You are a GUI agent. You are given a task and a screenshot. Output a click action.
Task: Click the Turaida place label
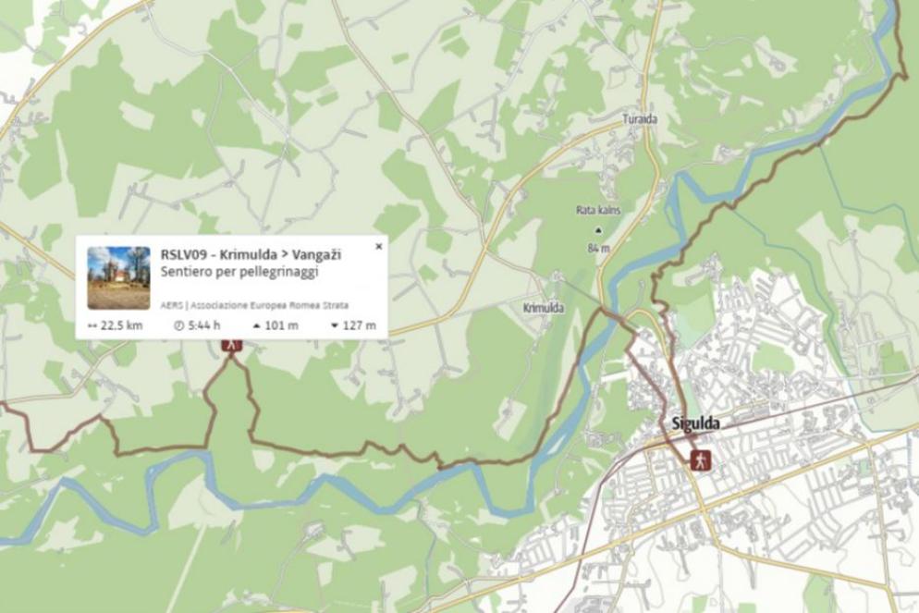coord(640,119)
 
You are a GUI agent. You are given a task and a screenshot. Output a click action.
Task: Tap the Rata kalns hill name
coord(597,210)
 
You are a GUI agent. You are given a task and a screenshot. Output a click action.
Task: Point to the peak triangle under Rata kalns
coord(597,230)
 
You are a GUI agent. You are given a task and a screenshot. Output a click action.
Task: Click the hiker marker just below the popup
coord(232,345)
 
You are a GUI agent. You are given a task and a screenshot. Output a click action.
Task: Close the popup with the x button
coord(378,247)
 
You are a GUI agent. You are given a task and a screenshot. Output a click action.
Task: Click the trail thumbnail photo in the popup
coord(118,277)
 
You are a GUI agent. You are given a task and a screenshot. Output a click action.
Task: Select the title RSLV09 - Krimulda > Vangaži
coord(251,254)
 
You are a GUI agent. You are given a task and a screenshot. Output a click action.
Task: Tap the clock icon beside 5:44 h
coord(179,325)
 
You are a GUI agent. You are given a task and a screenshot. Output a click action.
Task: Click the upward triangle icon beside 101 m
coord(257,325)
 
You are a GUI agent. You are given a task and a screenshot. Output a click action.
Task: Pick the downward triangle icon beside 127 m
coord(334,325)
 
